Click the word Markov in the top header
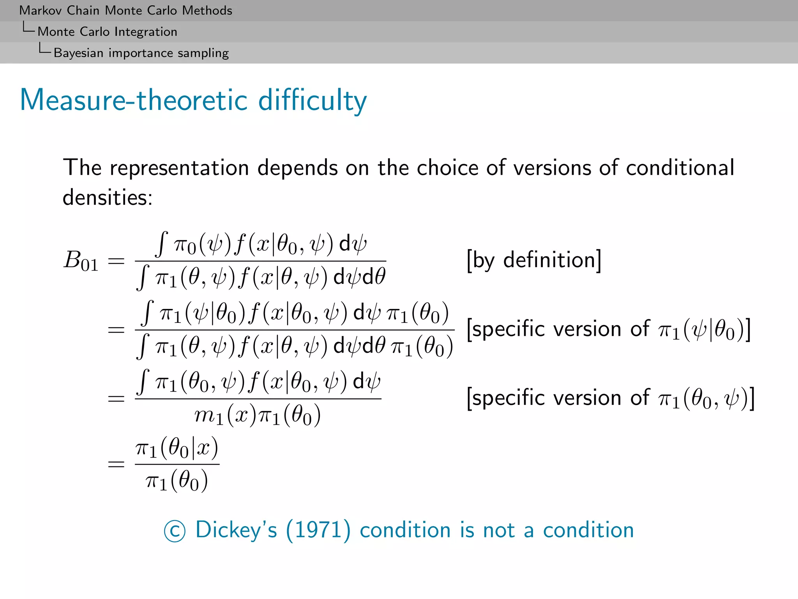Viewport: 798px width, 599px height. (41, 11)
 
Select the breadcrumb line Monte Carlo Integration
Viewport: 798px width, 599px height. (107, 32)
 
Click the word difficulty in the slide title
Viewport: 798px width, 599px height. (312, 101)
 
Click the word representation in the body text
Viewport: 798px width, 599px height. (179, 168)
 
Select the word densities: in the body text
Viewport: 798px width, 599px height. (108, 197)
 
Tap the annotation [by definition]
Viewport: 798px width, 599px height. (534, 261)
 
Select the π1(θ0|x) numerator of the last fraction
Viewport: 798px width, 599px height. (177, 448)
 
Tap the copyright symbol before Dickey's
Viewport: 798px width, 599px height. (175, 531)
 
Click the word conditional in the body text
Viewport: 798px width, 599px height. (680, 168)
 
